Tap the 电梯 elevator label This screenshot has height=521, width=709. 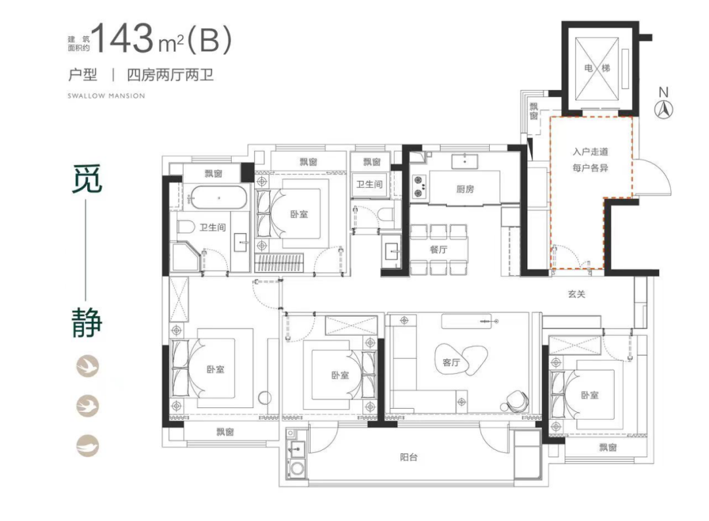pyautogui.click(x=597, y=68)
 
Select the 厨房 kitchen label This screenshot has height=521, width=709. pyautogui.click(x=465, y=189)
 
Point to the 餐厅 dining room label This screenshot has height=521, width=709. pyautogui.click(x=439, y=250)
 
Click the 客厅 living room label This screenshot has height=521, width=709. pyautogui.click(x=451, y=362)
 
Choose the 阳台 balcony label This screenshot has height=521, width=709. pyautogui.click(x=408, y=457)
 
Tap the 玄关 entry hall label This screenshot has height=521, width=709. pyautogui.click(x=576, y=294)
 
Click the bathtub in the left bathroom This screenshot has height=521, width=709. pyautogui.click(x=219, y=198)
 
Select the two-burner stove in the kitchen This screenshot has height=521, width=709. pyautogui.click(x=419, y=187)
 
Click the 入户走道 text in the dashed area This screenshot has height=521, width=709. pyautogui.click(x=590, y=152)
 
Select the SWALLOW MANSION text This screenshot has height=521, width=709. pyautogui.click(x=106, y=96)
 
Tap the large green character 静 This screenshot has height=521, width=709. pyautogui.click(x=87, y=323)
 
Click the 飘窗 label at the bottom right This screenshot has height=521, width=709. pyautogui.click(x=608, y=447)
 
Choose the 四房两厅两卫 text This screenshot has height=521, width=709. pyautogui.click(x=170, y=75)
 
